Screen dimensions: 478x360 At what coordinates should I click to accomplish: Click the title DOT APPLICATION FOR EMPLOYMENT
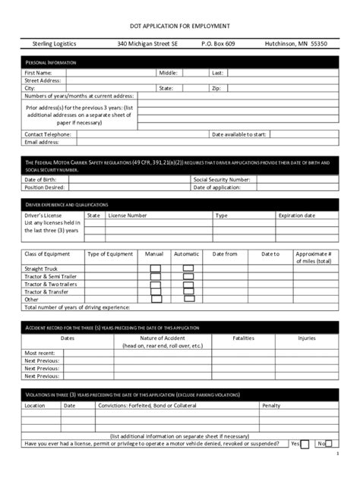(179, 25)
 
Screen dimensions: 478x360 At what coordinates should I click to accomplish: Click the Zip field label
(215, 88)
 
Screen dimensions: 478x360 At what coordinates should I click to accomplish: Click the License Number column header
(128, 215)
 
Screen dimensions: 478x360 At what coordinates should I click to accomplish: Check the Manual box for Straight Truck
(155, 269)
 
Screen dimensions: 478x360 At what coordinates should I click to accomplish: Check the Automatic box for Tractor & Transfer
(186, 291)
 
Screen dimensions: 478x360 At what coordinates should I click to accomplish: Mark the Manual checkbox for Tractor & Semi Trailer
(155, 276)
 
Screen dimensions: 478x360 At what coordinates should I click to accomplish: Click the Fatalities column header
(243, 338)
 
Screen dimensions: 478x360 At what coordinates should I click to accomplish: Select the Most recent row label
(39, 354)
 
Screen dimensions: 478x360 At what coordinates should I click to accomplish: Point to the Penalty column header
(271, 406)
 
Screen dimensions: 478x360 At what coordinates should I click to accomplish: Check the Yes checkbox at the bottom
(305, 445)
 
